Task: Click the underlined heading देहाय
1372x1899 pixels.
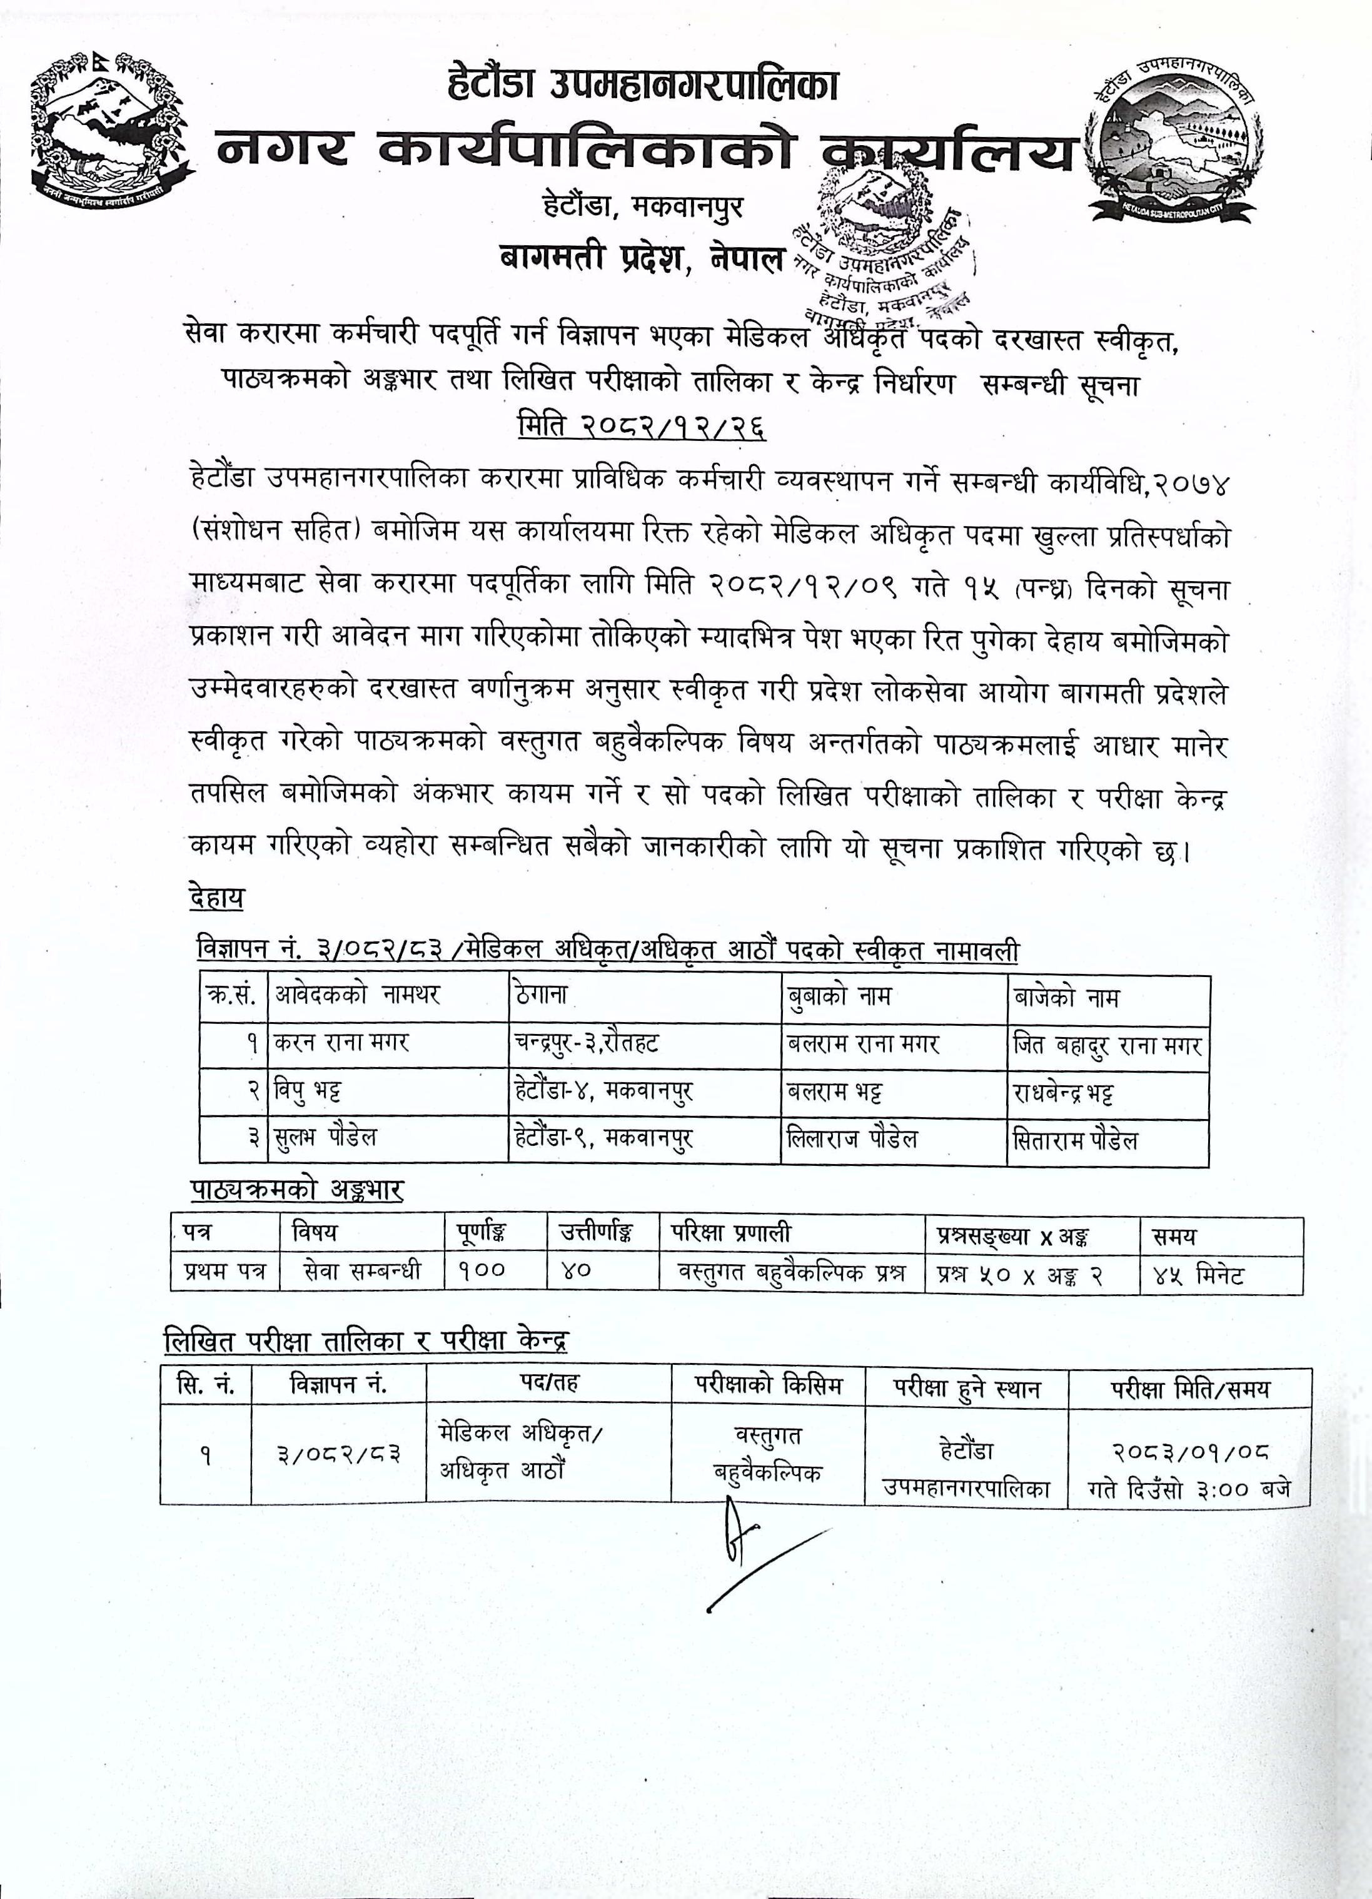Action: click(216, 898)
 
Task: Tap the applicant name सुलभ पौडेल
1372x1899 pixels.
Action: click(326, 1138)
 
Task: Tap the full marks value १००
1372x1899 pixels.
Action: click(482, 1272)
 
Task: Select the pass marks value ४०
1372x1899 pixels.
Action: click(576, 1272)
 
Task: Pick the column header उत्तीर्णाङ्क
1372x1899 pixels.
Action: click(595, 1234)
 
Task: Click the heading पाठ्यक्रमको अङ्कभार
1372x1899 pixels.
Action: click(296, 1191)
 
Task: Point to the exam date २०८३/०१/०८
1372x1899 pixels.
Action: click(1189, 1452)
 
